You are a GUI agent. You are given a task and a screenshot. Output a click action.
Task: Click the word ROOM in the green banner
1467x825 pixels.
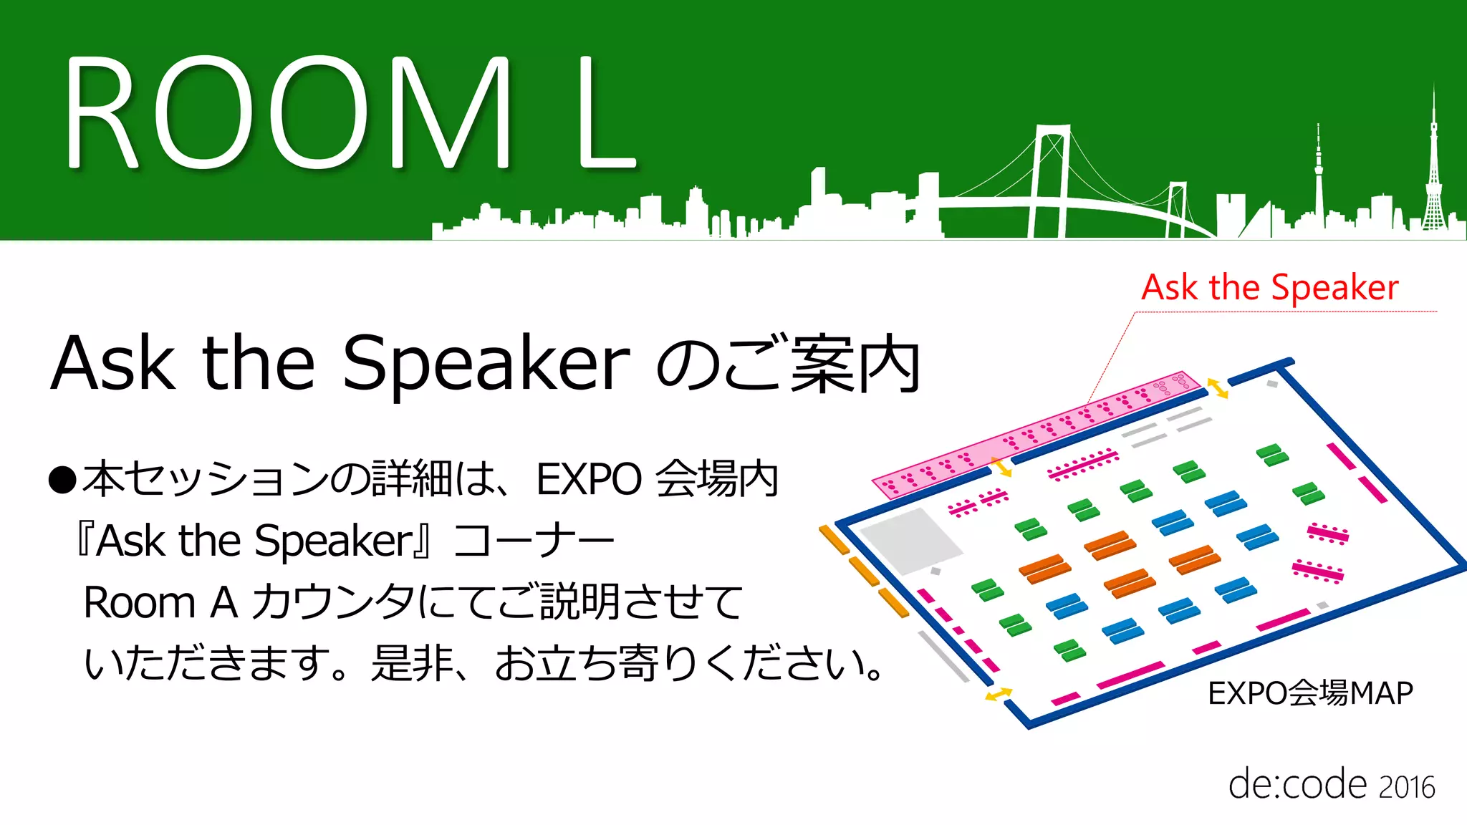[x=287, y=115]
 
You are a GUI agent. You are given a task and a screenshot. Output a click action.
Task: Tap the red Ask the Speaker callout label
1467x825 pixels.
[x=1269, y=288]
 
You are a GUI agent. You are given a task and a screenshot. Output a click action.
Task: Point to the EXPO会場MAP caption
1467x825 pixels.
[x=1310, y=693]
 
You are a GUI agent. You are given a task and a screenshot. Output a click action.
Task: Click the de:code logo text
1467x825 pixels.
[x=1297, y=785]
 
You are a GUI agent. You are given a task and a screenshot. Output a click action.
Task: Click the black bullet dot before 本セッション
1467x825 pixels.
[x=62, y=481]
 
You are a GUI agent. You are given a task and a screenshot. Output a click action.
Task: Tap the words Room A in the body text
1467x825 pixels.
[x=160, y=602]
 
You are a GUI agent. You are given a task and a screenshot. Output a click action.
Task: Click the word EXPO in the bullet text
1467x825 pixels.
[x=589, y=479]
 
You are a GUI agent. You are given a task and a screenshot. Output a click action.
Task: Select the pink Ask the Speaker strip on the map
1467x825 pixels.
[x=1031, y=434]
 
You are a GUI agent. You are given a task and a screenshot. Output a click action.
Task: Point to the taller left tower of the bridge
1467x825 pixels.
[x=1050, y=179]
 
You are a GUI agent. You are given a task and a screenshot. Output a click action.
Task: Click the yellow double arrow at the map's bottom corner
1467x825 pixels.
[x=998, y=694]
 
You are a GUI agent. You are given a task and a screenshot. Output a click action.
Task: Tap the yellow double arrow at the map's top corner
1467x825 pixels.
[x=1217, y=388]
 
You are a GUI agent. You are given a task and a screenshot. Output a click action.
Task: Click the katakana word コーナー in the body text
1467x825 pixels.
[x=534, y=541]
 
